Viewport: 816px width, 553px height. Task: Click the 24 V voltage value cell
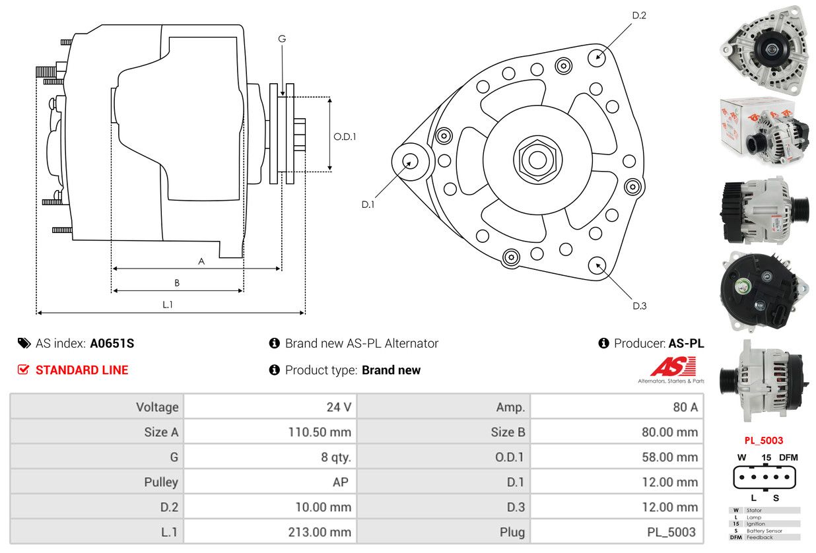[339, 407]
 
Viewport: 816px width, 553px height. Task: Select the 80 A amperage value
[685, 407]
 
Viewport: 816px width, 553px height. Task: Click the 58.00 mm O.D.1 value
[669, 457]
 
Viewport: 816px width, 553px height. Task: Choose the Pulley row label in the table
[161, 482]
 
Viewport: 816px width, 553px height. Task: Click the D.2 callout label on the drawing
[639, 15]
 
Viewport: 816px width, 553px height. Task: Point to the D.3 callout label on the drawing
[639, 306]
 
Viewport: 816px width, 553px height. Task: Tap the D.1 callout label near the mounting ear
[368, 205]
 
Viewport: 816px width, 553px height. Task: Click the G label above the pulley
[282, 39]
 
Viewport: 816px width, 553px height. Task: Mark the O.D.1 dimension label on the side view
[345, 137]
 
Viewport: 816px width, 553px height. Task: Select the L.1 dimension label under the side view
[168, 304]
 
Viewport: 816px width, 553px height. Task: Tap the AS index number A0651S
[112, 343]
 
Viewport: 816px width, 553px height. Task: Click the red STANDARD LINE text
[81, 370]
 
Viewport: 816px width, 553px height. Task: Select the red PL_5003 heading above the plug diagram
[763, 440]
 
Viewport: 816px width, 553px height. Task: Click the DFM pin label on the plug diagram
[788, 457]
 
